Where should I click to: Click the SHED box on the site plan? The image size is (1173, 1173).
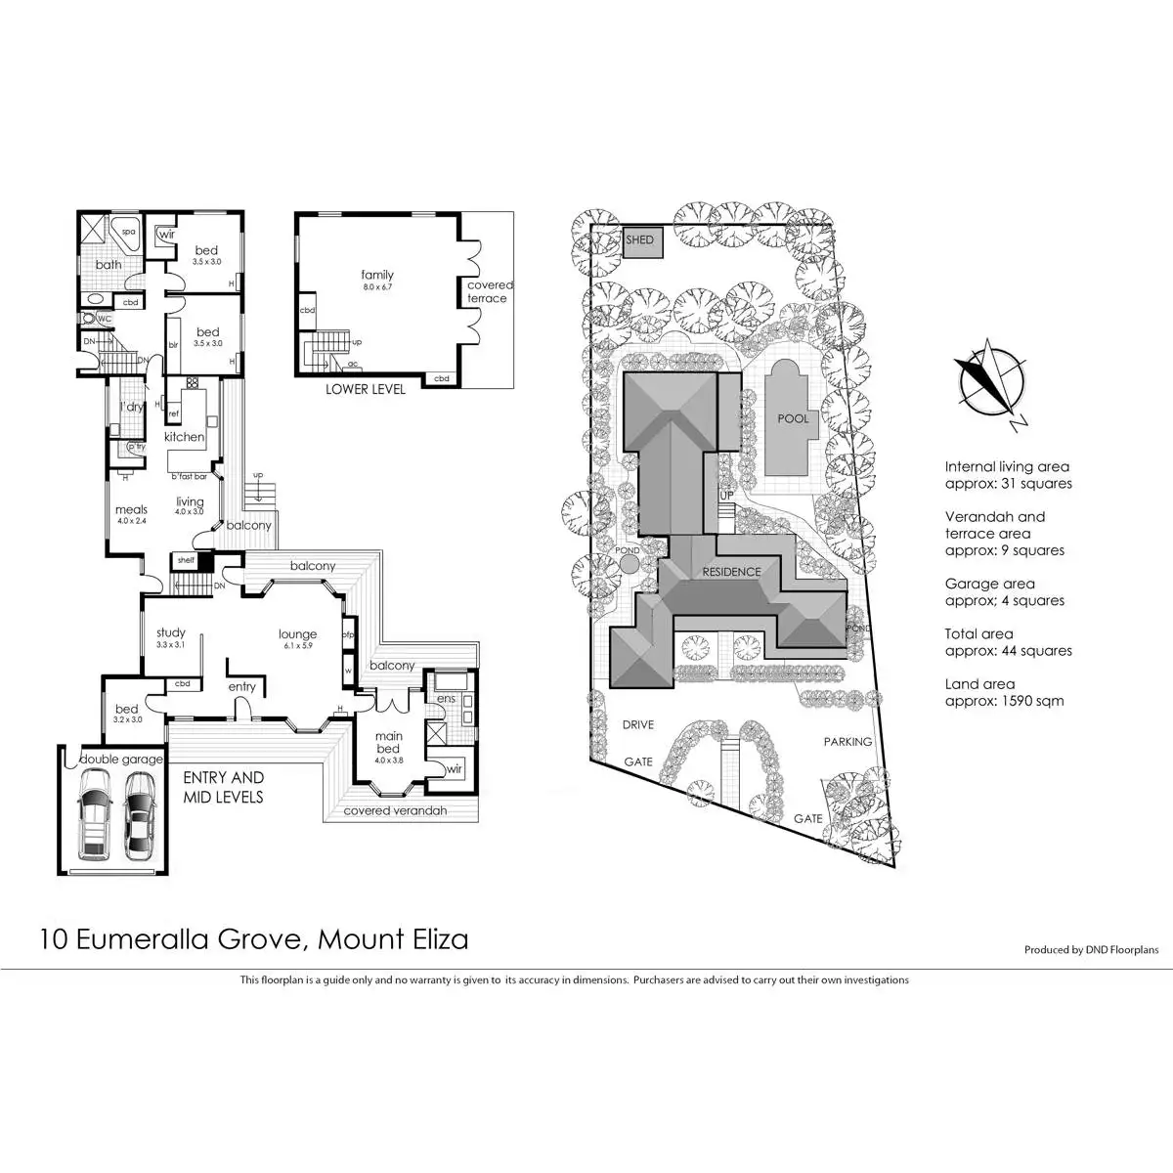pos(640,241)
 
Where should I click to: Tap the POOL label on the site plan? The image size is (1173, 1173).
pos(793,418)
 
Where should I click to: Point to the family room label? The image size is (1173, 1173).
pos(376,276)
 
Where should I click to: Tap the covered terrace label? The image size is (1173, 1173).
pos(489,291)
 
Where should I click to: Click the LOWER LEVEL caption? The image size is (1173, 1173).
pos(366,389)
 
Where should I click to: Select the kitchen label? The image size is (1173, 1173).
pos(184,437)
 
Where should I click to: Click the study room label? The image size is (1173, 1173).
pos(170,632)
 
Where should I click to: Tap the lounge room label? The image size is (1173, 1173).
pos(297,634)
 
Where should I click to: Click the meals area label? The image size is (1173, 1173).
pos(131,509)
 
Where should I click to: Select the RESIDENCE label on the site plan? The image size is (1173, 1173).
pos(731,572)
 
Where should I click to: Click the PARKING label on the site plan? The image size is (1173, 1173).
pos(847,742)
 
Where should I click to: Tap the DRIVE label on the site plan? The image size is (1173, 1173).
pos(637,725)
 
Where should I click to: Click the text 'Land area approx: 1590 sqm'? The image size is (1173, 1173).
pos(1004,692)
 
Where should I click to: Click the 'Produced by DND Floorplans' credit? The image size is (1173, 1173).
pos(1091,949)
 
